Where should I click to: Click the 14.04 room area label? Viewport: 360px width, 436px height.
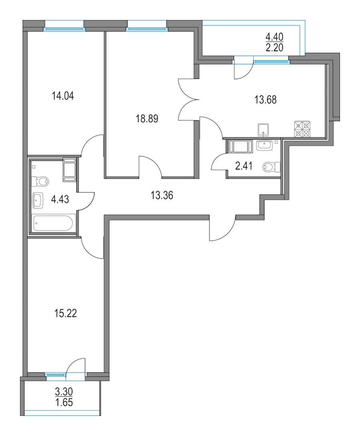pos(63,96)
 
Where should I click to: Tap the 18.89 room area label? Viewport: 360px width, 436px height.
pos(147,119)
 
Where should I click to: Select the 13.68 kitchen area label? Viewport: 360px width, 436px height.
pos(266,100)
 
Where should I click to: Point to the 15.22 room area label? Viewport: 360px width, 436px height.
pos(65,313)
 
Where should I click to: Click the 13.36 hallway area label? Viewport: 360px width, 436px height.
pos(162,195)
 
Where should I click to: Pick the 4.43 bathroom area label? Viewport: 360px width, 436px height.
pos(60,199)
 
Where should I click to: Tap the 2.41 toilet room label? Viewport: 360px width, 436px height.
pos(244,166)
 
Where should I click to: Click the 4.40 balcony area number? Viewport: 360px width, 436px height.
pos(274,36)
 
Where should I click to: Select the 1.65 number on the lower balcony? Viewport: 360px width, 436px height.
pos(64,402)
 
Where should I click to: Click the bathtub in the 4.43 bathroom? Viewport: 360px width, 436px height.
pos(53,223)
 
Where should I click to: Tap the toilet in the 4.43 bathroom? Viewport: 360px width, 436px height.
pos(40,182)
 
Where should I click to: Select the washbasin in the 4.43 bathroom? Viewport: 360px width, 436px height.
pos(38,200)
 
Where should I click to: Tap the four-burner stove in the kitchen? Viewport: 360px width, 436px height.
pos(302,129)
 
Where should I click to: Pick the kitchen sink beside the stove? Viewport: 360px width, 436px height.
pos(263,130)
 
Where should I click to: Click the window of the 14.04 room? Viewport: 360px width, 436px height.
pos(64,28)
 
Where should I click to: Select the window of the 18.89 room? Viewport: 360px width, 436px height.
pos(147,28)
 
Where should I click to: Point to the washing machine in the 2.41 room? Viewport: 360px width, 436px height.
pos(240,146)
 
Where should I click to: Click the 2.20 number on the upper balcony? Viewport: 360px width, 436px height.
pos(274,48)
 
